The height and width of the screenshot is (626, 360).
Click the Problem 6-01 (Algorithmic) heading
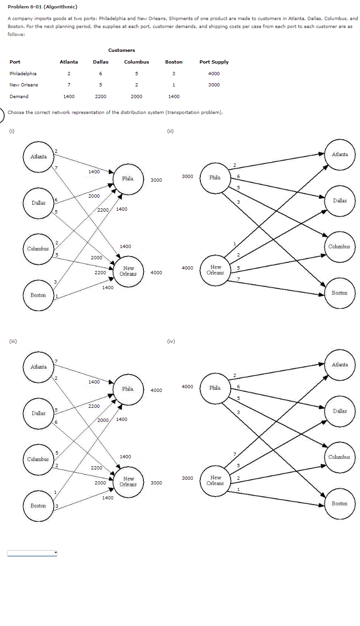click(x=42, y=7)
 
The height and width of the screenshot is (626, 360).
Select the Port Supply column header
click(x=214, y=62)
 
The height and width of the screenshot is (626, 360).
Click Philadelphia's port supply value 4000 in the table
click(x=214, y=73)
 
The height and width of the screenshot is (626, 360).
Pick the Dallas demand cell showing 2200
click(x=100, y=96)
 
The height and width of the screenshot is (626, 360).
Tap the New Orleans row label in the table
click(x=24, y=85)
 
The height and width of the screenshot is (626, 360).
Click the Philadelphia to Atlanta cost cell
click(x=69, y=73)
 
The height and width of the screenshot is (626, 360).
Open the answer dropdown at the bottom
click(x=32, y=553)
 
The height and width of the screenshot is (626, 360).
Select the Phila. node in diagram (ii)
click(x=215, y=178)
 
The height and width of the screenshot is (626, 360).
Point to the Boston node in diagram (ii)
click(x=339, y=293)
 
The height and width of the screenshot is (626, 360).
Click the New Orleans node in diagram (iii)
click(x=128, y=481)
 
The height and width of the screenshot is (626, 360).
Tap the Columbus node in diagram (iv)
click(x=339, y=457)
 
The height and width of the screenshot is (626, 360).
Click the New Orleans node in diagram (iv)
click(x=215, y=480)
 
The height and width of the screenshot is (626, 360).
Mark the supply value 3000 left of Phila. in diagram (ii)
click(x=187, y=177)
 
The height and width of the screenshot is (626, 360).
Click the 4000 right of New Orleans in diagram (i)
click(x=156, y=272)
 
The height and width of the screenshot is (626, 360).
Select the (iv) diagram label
click(x=171, y=341)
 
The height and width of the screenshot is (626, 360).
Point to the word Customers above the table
click(x=121, y=50)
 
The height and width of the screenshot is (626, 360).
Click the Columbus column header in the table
click(x=136, y=62)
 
